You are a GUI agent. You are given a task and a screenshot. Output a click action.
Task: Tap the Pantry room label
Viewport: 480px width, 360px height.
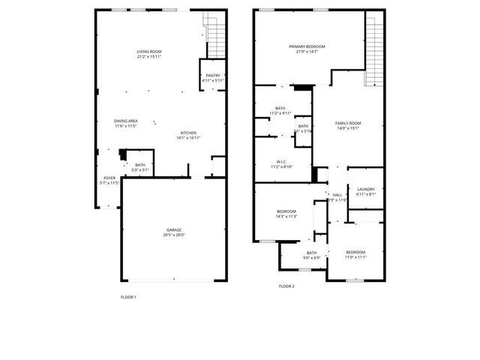coord(213,76)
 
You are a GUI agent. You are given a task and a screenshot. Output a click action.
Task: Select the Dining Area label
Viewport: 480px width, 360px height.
coord(125,121)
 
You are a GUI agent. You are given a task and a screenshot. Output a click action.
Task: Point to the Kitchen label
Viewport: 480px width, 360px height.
coord(187,133)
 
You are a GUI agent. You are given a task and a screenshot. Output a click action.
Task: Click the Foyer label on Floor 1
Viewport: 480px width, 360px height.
coord(109,178)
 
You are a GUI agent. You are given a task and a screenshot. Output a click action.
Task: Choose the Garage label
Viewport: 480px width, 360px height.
coord(174,229)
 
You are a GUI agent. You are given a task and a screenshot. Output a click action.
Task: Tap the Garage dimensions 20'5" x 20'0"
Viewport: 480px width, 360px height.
coord(174,235)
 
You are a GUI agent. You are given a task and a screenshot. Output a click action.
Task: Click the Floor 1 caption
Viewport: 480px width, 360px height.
coord(128,297)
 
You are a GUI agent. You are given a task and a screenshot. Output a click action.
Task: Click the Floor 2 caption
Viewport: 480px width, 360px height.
coord(286,286)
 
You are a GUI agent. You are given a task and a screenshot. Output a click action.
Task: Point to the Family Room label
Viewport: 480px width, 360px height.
coord(348,122)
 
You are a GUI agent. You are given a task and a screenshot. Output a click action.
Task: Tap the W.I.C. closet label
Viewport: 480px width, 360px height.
coord(281,161)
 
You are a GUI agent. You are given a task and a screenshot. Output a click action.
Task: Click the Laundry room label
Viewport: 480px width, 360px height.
coord(366,189)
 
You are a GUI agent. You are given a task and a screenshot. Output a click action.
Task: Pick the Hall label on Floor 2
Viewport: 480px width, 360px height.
coord(337,194)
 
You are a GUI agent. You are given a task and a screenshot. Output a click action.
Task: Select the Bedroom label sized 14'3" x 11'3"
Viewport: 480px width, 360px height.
coord(286,211)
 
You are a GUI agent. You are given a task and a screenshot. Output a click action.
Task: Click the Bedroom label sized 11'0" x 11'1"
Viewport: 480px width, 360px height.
coord(355,252)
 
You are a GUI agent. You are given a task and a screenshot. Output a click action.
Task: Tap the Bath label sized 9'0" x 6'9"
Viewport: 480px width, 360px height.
coord(311,253)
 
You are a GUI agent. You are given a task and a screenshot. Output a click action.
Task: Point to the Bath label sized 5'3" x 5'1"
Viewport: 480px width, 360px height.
coord(140,165)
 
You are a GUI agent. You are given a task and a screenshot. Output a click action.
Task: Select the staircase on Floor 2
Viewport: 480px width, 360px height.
coord(374,49)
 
